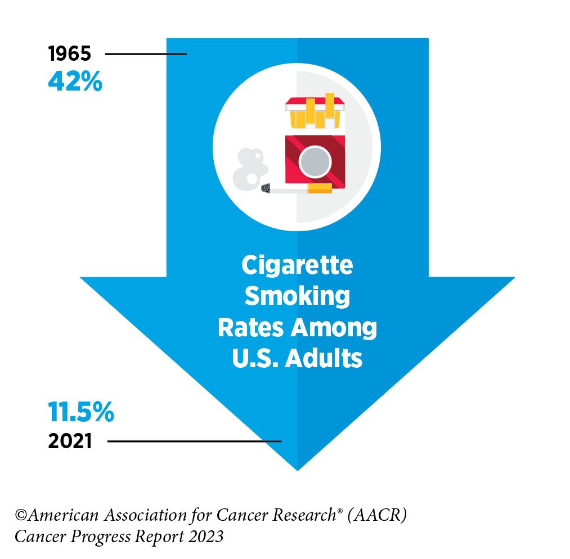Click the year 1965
(x=69, y=54)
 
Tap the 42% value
(x=75, y=82)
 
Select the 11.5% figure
(x=81, y=413)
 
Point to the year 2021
(x=70, y=441)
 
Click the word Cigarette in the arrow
(x=297, y=265)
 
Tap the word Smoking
(x=297, y=296)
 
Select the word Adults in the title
(x=330, y=358)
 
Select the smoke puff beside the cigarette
(x=248, y=169)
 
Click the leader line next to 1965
(x=146, y=54)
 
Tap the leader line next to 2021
(x=194, y=441)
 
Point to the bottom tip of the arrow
(x=297, y=468)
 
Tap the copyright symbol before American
(x=22, y=515)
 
